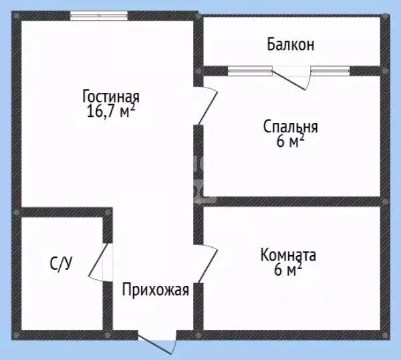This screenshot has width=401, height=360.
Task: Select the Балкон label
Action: click(291, 45)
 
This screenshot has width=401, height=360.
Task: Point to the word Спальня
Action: click(291, 126)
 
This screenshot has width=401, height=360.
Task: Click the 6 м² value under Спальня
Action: click(291, 142)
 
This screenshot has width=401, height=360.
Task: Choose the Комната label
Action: click(289, 254)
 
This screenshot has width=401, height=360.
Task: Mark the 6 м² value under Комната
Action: click(289, 270)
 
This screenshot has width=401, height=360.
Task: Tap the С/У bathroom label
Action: click(60, 264)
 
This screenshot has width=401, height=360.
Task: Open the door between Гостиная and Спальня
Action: click(207, 107)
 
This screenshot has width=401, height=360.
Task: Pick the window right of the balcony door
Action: click(330, 69)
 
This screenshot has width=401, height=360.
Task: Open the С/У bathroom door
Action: click(98, 262)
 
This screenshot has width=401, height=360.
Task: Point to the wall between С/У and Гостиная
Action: click(63, 212)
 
